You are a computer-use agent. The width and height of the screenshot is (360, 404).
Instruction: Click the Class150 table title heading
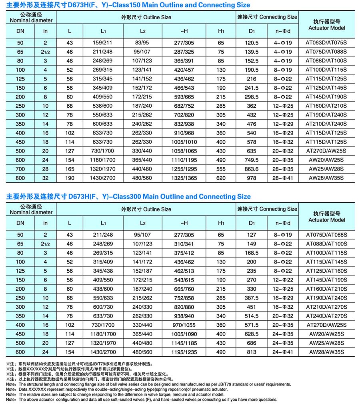(128, 5)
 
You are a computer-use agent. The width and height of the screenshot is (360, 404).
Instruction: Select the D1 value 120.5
(252, 43)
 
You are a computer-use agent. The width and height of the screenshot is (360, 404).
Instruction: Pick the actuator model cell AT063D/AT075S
(326, 43)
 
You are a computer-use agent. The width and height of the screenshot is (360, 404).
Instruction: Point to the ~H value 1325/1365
(184, 178)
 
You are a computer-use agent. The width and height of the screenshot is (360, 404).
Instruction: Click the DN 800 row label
(20, 178)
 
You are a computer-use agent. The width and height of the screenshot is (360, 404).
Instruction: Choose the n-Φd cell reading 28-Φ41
(283, 178)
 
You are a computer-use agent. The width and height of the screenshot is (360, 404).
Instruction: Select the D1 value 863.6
(252, 169)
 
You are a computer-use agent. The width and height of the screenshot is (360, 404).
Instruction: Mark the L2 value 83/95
(143, 43)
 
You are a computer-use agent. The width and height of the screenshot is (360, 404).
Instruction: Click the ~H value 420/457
(184, 70)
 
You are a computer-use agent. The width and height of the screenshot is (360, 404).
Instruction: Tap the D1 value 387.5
(252, 298)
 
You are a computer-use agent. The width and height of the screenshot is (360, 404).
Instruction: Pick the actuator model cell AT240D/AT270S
(326, 316)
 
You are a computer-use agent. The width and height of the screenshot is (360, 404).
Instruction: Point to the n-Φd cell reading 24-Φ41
(283, 352)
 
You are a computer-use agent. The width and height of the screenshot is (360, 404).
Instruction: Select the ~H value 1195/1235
(184, 352)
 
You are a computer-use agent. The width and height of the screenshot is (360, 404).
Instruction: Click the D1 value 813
(252, 352)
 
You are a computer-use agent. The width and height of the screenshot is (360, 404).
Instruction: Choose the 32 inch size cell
(45, 178)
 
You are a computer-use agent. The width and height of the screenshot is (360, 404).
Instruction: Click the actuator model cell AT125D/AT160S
(326, 271)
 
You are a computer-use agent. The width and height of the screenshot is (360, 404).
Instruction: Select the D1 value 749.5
(252, 160)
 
